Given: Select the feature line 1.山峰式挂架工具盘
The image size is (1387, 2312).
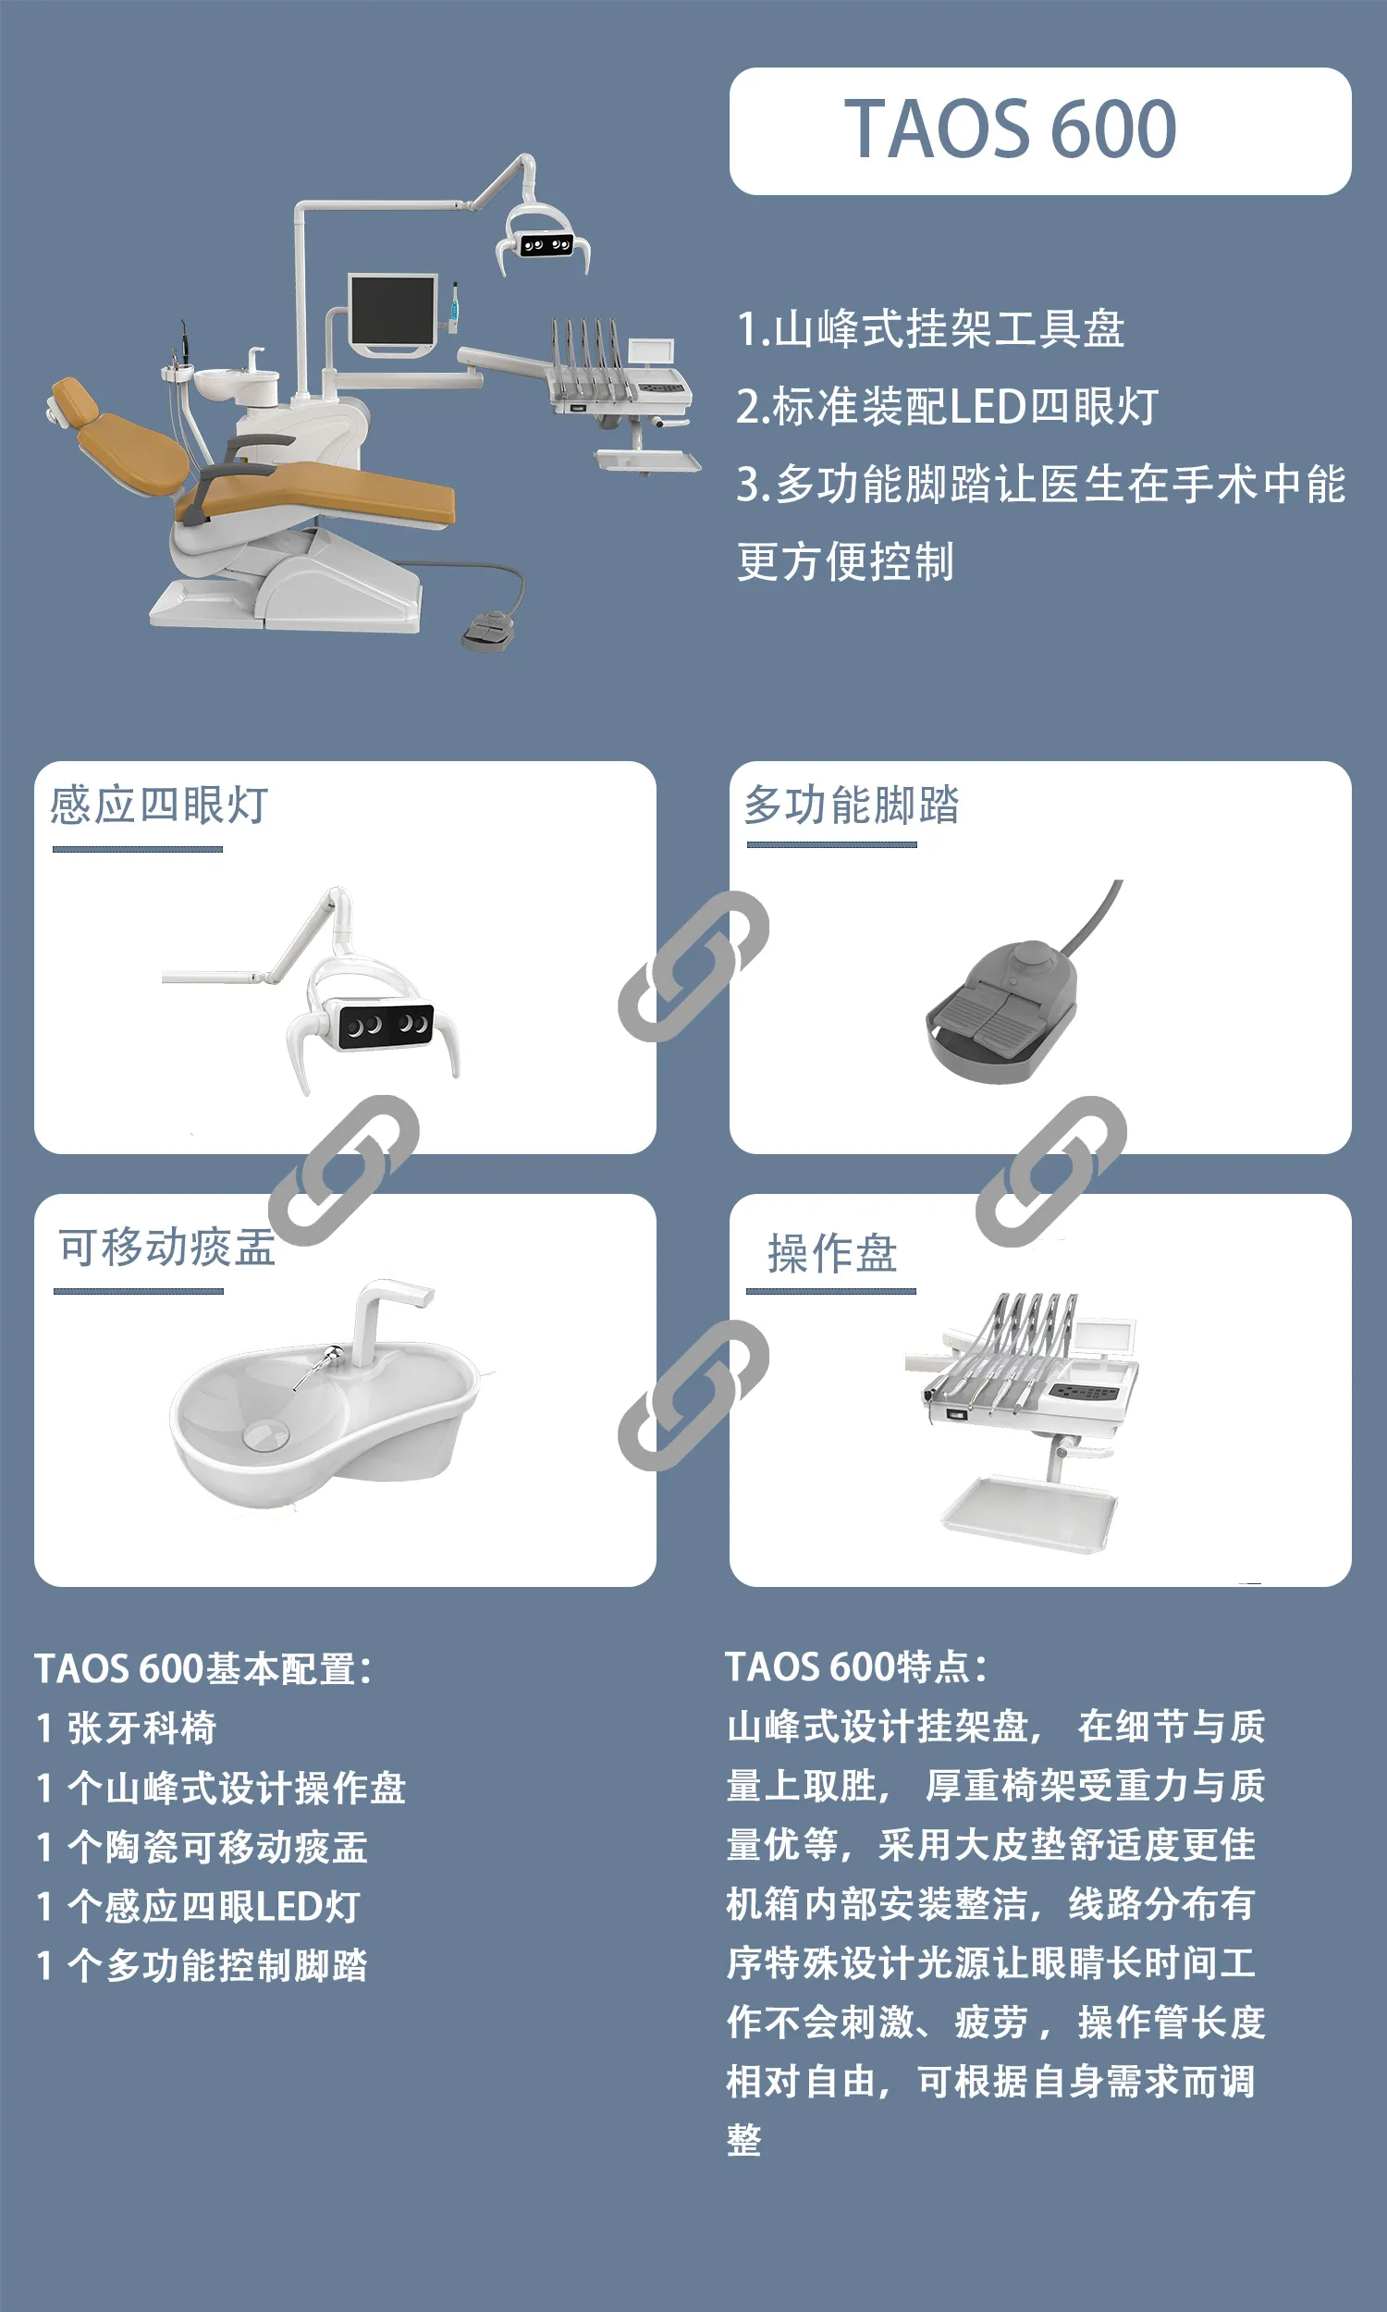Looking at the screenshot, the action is point(931,329).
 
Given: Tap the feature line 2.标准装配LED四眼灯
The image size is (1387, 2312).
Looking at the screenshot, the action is point(948,407).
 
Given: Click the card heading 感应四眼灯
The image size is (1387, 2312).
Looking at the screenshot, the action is point(159,805).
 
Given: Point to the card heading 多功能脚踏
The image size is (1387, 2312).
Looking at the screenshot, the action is point(852,805).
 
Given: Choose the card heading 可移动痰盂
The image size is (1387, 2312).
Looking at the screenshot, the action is point(167,1247).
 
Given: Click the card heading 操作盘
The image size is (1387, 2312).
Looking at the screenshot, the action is point(832,1253).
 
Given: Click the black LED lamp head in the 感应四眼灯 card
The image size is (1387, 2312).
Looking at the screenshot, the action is point(386,1026).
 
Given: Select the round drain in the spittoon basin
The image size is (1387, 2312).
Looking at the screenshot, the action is point(266,1434).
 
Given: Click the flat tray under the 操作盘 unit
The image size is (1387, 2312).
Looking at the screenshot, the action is point(1029,1515).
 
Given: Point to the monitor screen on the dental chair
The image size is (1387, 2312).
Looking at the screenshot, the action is point(393,311).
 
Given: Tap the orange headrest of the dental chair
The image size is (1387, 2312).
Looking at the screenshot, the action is point(73,402).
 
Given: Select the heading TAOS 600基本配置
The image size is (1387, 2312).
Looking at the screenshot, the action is point(203,1669).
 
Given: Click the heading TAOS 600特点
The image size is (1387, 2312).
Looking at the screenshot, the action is point(856,1667).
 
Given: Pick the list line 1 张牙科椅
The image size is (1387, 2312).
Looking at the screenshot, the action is point(126,1728).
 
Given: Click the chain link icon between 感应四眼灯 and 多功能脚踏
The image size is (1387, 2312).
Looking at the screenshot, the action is point(693,966).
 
